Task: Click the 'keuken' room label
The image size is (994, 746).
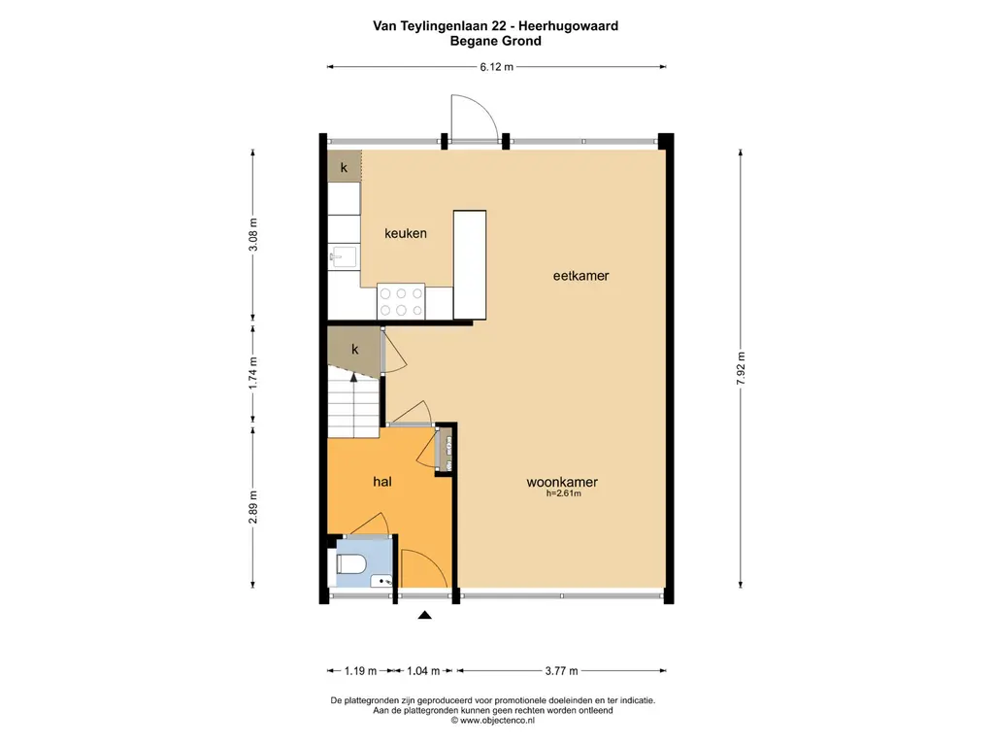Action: pos(405,233)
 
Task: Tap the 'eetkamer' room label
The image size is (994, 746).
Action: pos(580,276)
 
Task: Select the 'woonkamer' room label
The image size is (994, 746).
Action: pos(561,482)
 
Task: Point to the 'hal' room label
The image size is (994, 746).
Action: pos(382,482)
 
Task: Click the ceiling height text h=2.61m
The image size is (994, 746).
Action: pos(563,494)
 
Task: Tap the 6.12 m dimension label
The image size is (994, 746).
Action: pos(495,67)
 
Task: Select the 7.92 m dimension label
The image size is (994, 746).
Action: pos(742,369)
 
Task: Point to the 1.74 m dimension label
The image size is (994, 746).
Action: pos(253,374)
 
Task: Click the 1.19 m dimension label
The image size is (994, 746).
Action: pos(353,670)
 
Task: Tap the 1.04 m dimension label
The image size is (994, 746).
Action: pos(422,670)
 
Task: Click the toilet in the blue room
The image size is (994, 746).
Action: pos(348,563)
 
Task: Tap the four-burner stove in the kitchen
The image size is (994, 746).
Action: pos(401,300)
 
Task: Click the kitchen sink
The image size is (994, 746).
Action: pos(344,257)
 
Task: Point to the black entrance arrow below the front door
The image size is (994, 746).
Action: pos(424,614)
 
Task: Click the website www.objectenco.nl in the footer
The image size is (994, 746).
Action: pos(493,721)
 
